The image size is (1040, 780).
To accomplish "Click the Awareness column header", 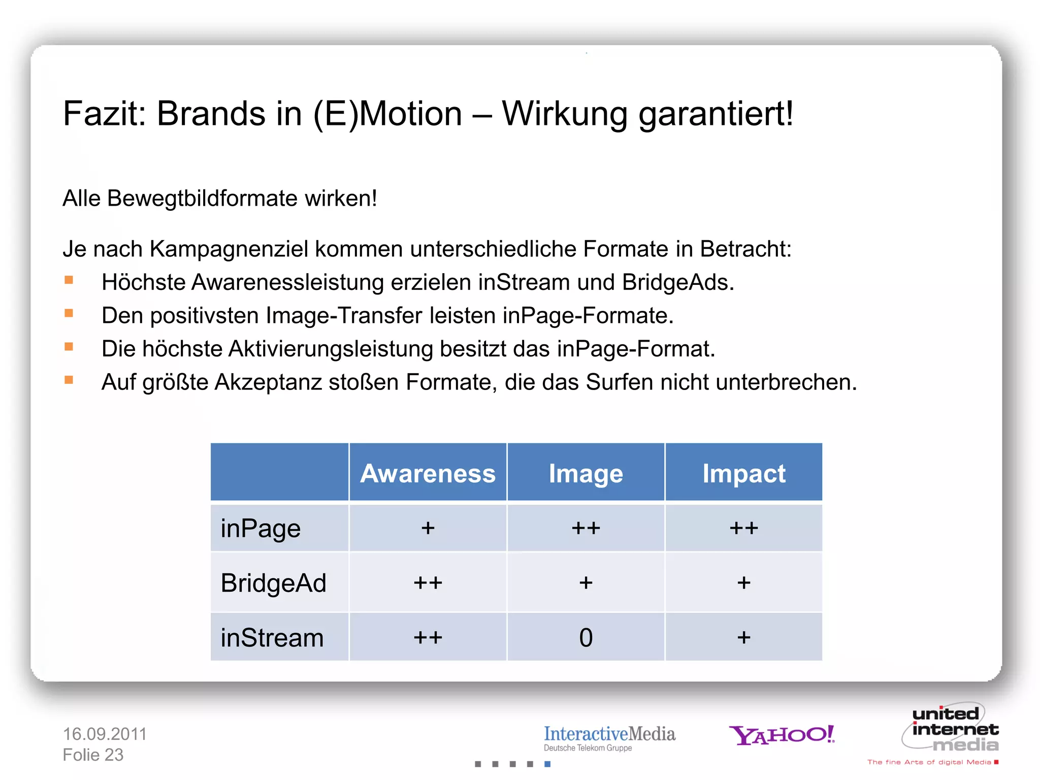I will [428, 473].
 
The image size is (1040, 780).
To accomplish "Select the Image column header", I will [586, 473].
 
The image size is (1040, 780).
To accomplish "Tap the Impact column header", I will [743, 473].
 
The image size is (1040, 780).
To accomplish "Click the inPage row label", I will [261, 528].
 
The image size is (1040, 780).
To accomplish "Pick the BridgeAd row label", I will [273, 582].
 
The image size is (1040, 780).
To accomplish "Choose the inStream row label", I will [272, 637].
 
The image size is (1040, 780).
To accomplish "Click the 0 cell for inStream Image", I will [586, 637].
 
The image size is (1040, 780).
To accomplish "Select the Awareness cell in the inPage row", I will [428, 528].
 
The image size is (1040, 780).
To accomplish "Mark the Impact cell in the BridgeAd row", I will [743, 582].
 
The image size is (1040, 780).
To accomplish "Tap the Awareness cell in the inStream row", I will [428, 637].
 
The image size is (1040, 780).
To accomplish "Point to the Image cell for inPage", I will [586, 528].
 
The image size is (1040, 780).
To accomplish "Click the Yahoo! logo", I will [782, 734].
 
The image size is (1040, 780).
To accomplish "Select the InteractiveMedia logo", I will [609, 737].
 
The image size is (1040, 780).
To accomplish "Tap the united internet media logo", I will [950, 729].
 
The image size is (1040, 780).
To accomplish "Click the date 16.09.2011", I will [105, 734].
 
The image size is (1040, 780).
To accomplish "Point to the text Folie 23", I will [93, 755].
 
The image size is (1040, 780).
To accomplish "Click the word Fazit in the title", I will [104, 113].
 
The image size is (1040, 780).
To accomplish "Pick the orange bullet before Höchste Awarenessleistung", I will [69, 280].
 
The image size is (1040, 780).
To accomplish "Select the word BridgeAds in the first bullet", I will [677, 282].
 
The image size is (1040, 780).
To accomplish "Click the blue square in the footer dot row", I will [547, 764].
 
